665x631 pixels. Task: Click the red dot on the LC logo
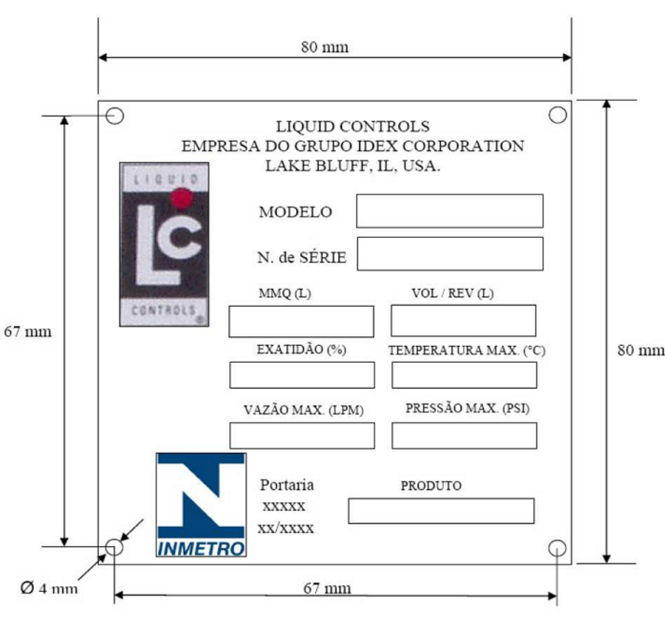point(182,198)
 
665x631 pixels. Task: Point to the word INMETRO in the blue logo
point(201,549)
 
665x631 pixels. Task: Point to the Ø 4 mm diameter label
point(49,588)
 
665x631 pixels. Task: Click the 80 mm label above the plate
point(325,47)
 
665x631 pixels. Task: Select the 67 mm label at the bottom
point(327,588)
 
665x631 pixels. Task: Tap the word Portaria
point(287,484)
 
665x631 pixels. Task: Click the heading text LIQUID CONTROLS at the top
point(353,126)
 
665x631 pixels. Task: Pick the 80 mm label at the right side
point(641,350)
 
